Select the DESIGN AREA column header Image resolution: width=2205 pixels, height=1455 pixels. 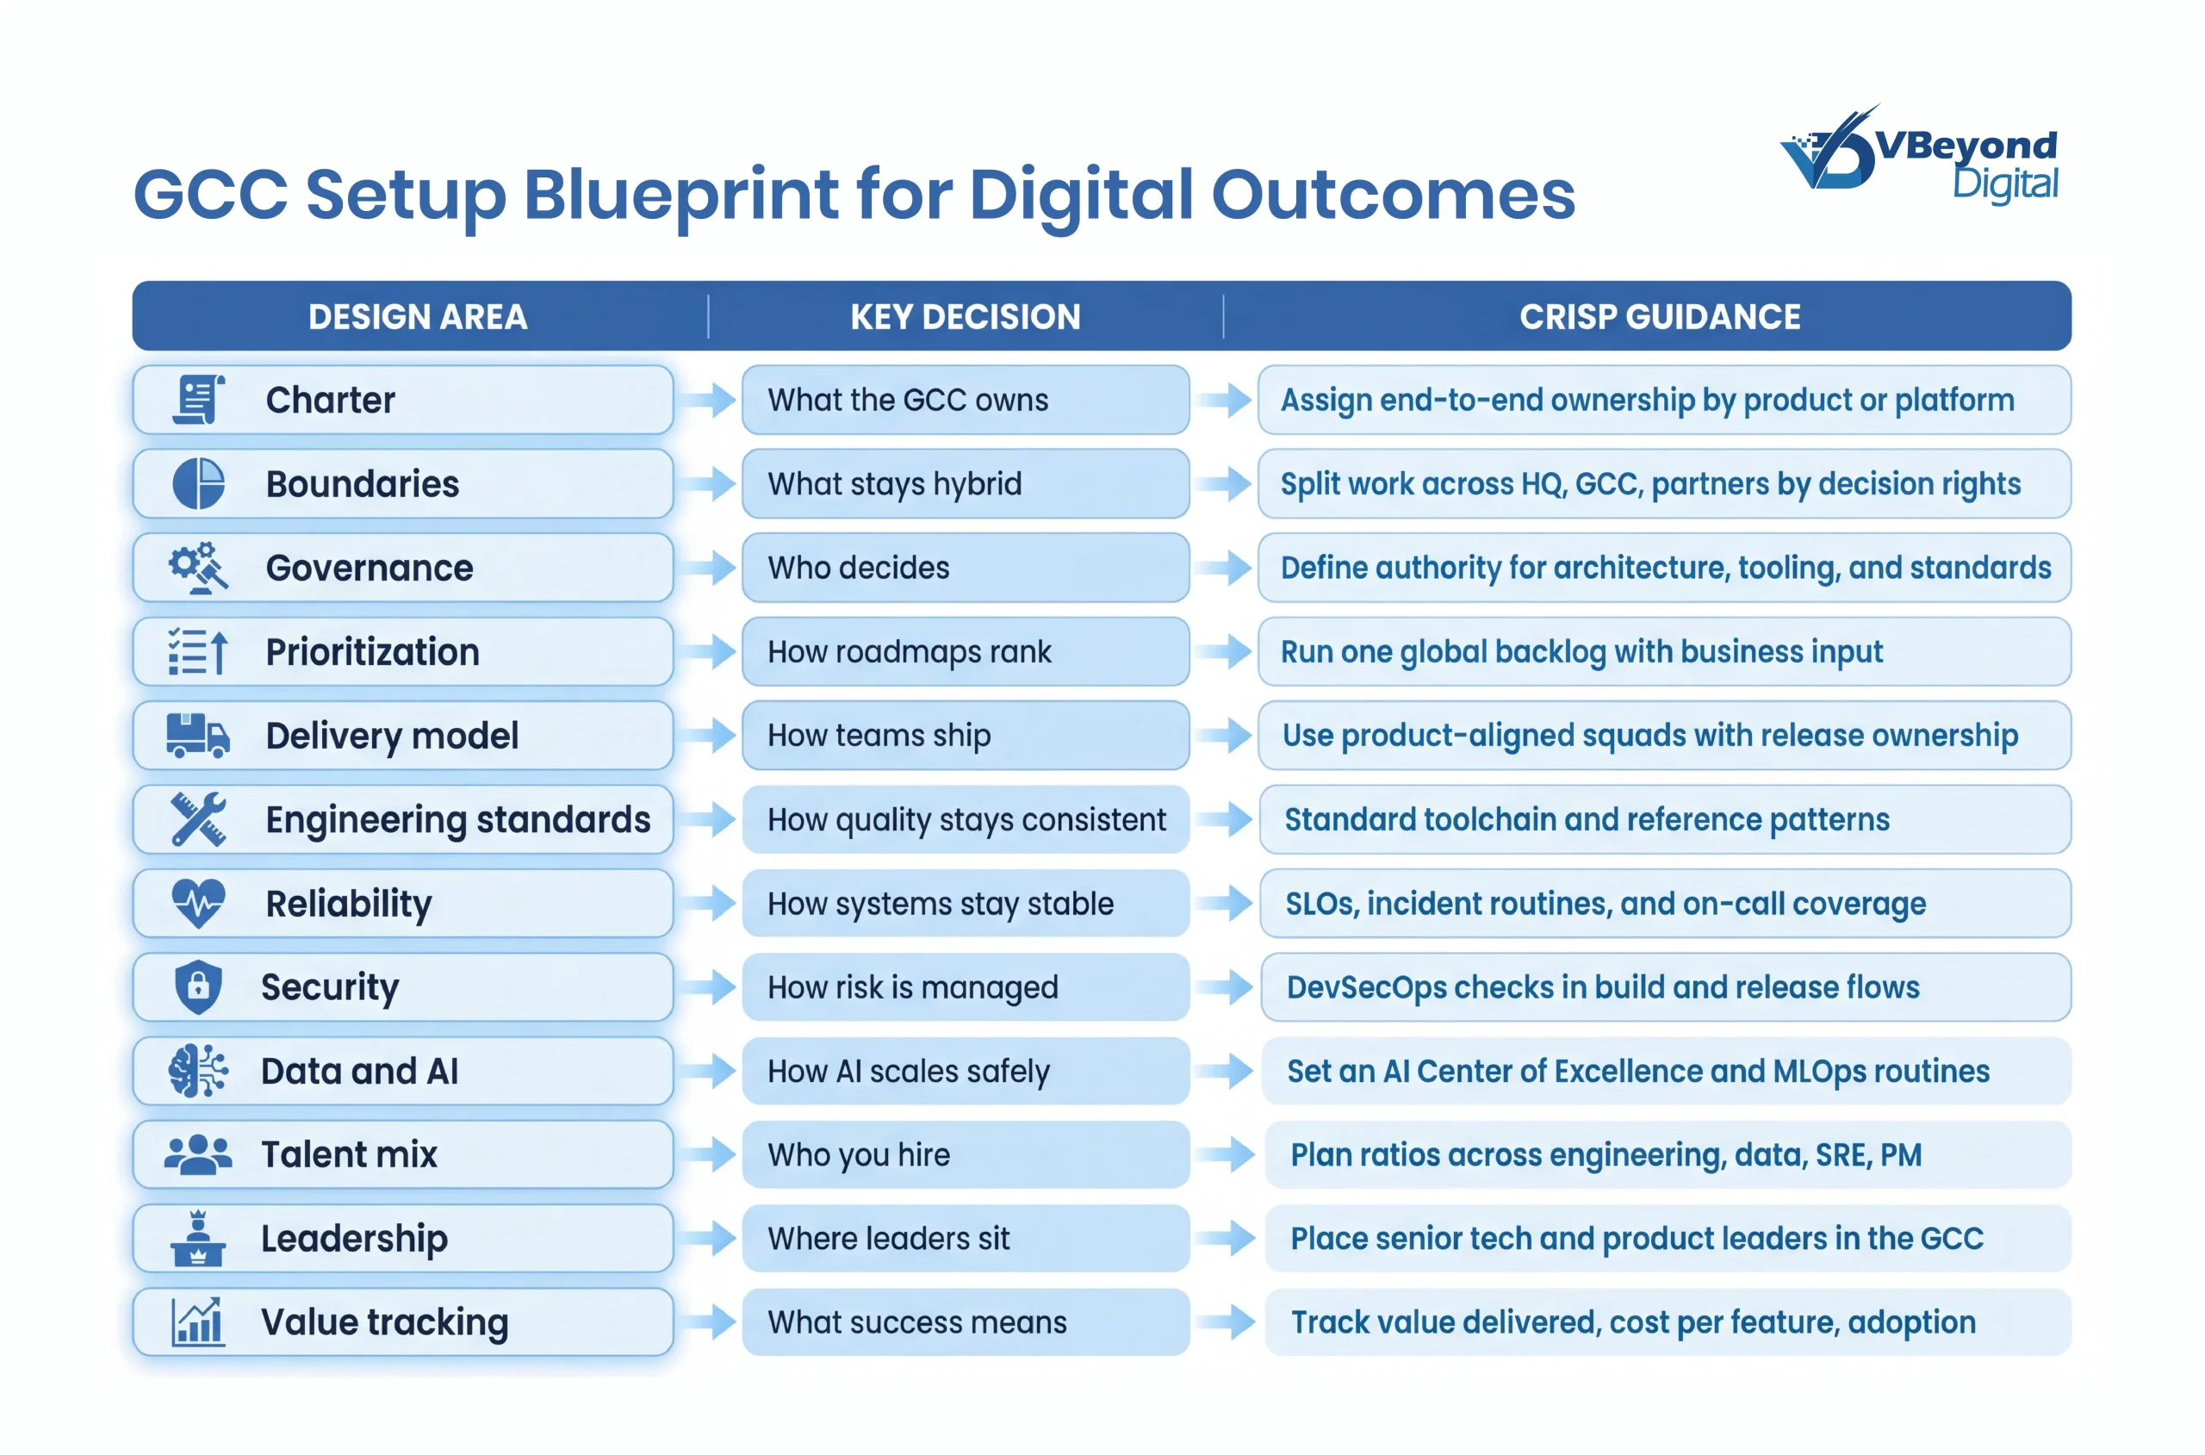coord(418,316)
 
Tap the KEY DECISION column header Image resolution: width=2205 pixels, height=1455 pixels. coord(965,316)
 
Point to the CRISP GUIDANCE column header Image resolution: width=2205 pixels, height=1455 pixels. coord(1660,316)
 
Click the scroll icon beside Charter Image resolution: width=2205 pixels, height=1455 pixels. coord(198,400)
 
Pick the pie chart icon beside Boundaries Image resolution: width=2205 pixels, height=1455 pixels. coord(198,483)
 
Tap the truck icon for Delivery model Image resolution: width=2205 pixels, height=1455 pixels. coord(197,736)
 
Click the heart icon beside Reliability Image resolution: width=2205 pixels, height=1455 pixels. coord(198,903)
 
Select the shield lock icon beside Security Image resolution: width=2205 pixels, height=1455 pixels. coord(198,986)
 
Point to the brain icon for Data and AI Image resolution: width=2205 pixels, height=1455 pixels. coord(198,1071)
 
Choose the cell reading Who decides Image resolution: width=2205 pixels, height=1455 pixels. coord(965,568)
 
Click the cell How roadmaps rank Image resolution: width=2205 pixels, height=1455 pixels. coord(965,651)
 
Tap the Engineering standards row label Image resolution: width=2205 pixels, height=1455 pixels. coord(458,820)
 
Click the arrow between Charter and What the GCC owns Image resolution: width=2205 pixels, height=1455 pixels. coord(707,400)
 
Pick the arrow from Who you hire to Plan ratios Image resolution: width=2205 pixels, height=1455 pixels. coord(1225,1154)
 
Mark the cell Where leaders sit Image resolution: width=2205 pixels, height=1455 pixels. coord(965,1238)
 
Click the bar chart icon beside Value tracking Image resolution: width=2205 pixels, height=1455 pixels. coord(196,1321)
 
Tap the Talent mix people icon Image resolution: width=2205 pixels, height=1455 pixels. coord(197,1154)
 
